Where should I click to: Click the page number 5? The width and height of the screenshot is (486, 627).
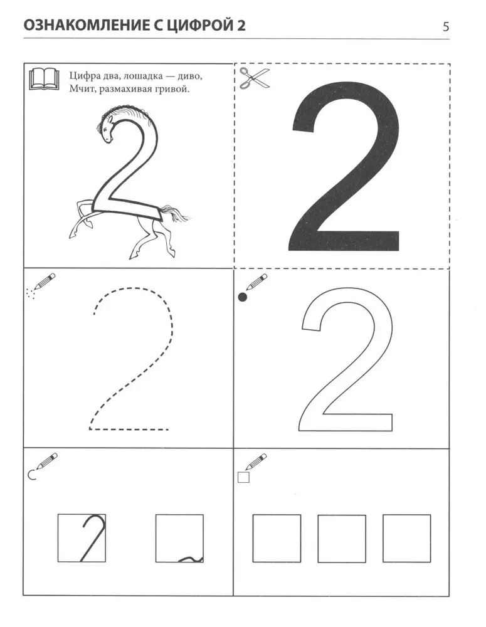(446, 27)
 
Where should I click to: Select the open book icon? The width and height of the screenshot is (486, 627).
(44, 78)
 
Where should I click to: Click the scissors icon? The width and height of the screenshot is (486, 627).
(255, 78)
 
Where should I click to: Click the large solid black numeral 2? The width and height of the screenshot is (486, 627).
(344, 168)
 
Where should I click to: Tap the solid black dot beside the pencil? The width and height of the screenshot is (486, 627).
(243, 297)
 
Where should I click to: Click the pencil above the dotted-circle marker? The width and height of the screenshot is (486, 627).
(45, 281)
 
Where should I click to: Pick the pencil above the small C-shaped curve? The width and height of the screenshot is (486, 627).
(47, 461)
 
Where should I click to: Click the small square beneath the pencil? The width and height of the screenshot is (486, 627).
(243, 477)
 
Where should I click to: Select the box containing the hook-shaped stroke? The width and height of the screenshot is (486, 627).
(82, 538)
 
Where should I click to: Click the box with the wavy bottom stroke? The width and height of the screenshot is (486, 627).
(179, 538)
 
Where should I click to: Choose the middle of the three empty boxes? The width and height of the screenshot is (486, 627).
(342, 539)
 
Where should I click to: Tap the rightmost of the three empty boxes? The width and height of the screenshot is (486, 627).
(407, 539)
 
